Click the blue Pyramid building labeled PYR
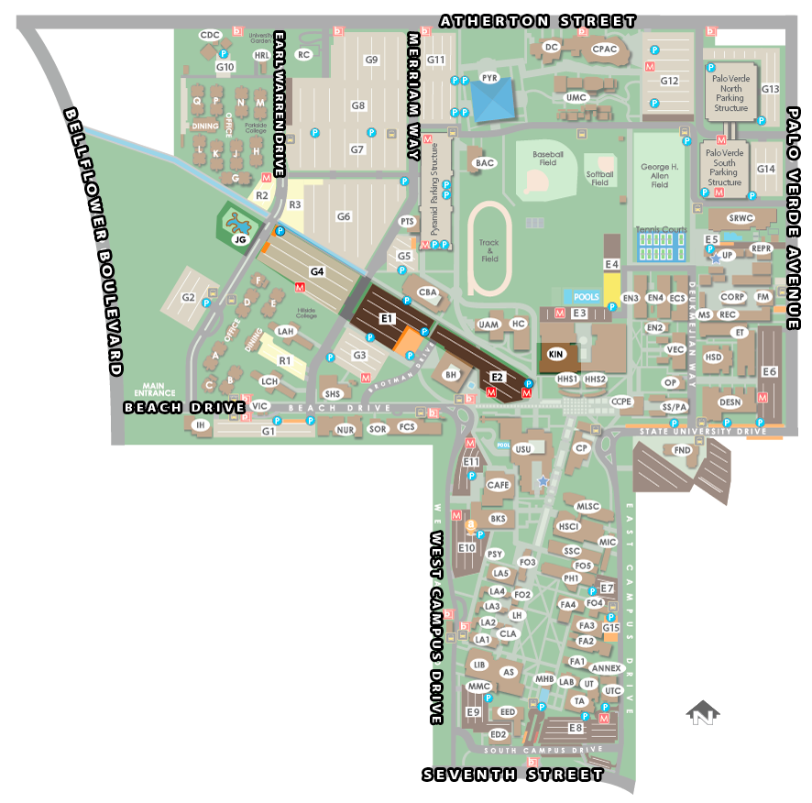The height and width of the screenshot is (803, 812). point(494,101)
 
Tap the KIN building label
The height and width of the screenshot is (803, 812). point(555,353)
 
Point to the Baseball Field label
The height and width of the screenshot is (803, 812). point(547,156)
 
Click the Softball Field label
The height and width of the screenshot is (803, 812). point(599,177)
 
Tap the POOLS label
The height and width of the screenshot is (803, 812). point(587,298)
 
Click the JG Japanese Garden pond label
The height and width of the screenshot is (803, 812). point(240,239)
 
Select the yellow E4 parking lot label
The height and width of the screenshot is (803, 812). point(612,265)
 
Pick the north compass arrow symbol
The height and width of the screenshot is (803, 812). point(703,714)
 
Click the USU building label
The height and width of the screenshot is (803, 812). point(522,449)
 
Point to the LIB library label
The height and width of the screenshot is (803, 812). point(478,665)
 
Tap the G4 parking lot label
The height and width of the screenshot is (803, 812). point(317,271)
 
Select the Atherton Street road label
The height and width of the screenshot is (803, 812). point(538,20)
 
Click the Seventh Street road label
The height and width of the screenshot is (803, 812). point(513,775)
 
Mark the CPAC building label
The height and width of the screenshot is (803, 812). point(605,49)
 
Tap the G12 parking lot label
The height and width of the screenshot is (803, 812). point(669,81)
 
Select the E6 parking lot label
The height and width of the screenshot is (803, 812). point(770,371)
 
